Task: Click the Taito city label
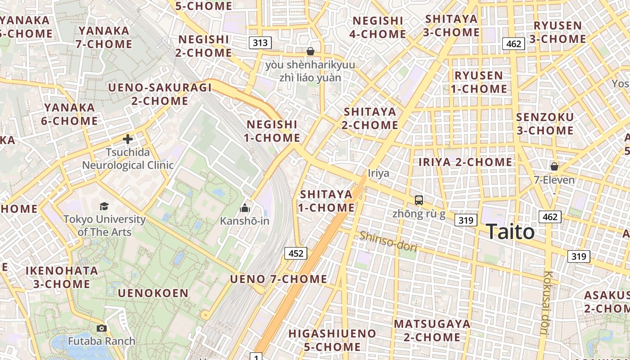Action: point(510,232)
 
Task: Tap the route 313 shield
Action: point(260,43)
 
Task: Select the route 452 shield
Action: point(296,253)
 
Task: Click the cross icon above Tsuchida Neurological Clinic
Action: point(128,139)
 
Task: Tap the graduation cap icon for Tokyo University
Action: point(104,206)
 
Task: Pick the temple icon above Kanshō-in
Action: point(245,207)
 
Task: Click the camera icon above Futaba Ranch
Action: point(101,328)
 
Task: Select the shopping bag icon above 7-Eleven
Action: point(554,166)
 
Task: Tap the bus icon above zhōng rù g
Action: point(419,200)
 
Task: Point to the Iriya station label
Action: point(378,173)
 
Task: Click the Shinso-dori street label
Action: point(388,242)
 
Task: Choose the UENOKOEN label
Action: point(153,293)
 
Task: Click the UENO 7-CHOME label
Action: point(279,279)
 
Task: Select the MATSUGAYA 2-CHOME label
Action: point(432,330)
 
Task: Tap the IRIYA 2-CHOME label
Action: point(465,162)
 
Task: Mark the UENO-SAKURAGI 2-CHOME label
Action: point(160,94)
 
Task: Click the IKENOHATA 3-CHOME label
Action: point(62,277)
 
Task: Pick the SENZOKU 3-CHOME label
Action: point(545,124)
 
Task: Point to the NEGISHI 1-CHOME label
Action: point(272,131)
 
